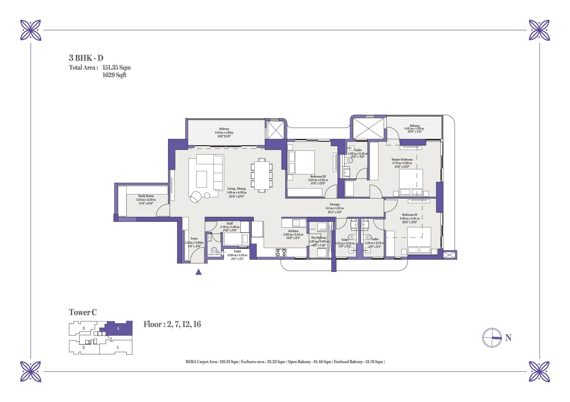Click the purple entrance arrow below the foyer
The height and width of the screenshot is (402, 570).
coord(198,272)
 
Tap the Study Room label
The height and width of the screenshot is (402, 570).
coord(146,196)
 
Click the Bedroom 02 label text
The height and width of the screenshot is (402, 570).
coord(318,177)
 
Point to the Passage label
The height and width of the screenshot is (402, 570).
coord(335,204)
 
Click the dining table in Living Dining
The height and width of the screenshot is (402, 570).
coord(261,175)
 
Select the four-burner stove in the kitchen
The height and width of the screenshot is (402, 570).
coord(281,253)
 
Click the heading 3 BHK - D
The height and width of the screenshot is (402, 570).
coord(86,58)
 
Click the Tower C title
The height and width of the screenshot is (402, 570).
coord(83,312)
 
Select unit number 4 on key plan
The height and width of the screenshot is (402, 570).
coord(118,329)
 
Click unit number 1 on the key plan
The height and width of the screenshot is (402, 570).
coord(118,347)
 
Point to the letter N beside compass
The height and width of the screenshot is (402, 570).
coord(508,338)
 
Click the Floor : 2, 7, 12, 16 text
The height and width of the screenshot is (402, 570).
coord(172,324)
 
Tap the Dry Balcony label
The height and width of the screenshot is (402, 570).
coord(319,238)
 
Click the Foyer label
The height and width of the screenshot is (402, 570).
coord(194,239)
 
